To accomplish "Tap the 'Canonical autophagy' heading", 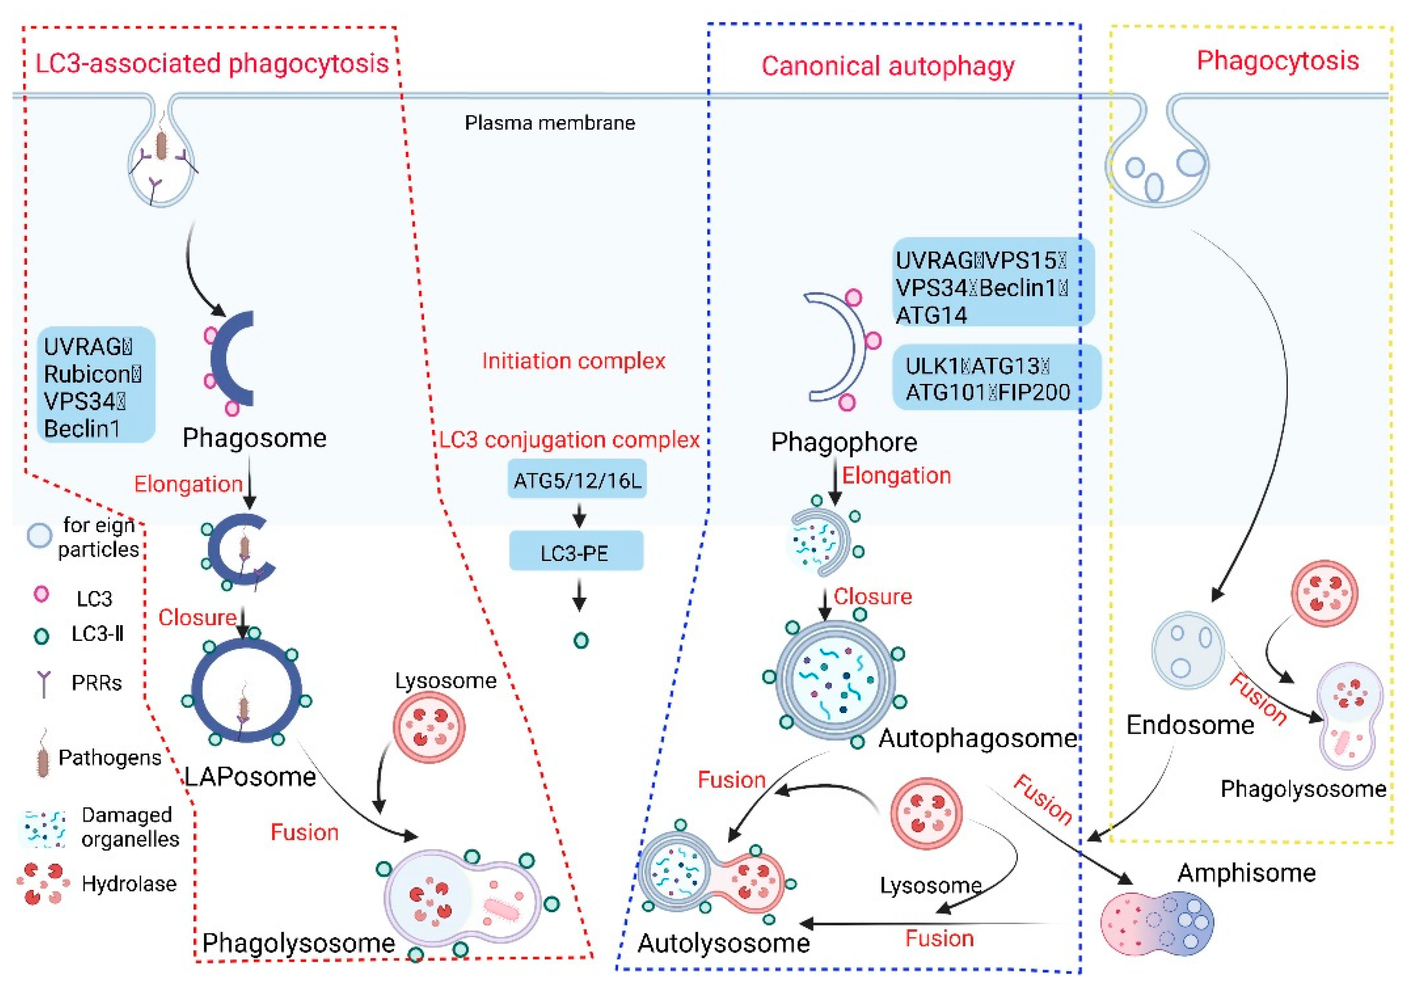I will coord(887,66).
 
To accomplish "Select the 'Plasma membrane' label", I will coord(550,123).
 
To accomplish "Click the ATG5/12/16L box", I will coord(577,480).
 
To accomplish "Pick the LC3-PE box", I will coord(576,552).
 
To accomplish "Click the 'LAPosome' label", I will coord(250,777).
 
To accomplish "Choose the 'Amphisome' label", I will coord(1246,873).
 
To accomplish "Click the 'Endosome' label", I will coord(1189,725).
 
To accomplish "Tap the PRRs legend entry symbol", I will coord(43,684).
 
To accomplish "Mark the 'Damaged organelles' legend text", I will coord(130,827).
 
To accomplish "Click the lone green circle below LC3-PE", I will coord(581,641).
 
